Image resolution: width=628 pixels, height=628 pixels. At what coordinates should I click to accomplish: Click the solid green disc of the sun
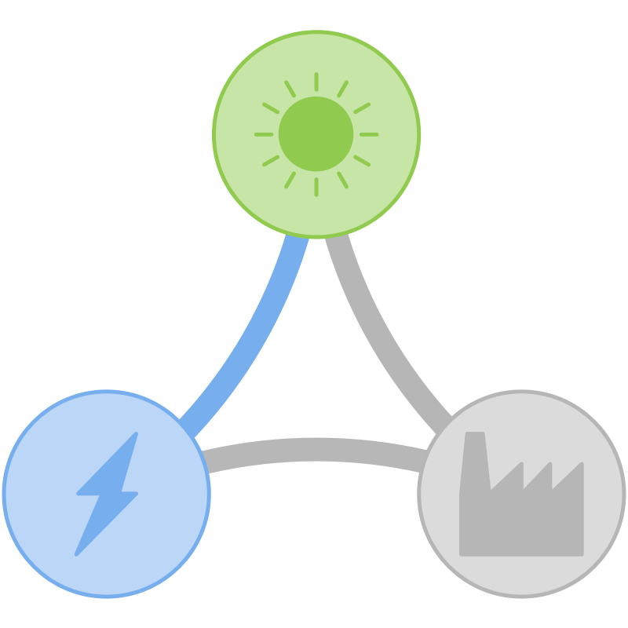(316, 134)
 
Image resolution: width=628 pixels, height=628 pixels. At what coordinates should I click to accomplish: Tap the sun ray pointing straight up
(316, 82)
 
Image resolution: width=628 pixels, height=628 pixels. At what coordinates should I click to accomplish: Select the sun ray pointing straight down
(316, 187)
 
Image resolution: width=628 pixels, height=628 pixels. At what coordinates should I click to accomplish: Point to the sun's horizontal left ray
(264, 134)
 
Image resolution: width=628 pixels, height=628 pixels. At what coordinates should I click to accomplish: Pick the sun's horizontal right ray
(368, 134)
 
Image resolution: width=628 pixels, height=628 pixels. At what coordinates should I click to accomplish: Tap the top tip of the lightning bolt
(137, 434)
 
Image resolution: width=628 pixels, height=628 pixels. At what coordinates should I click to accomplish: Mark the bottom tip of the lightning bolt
(77, 553)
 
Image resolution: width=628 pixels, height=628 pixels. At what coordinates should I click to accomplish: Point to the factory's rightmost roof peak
(581, 466)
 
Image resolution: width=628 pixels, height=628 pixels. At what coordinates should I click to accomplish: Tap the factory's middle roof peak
(549, 466)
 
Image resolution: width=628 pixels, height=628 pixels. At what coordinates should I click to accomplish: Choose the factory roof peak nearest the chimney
(520, 466)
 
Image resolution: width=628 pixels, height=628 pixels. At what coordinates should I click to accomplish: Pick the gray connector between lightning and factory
(314, 449)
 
